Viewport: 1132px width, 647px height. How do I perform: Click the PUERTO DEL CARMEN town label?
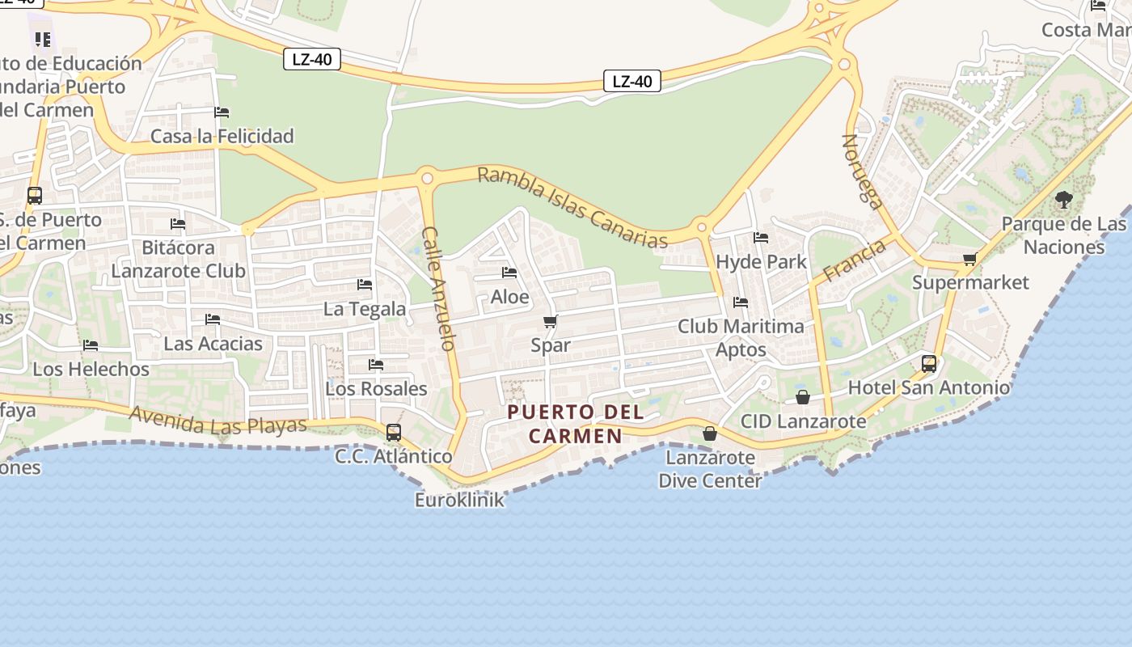[x=576, y=424]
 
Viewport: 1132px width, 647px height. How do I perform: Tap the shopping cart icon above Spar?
[x=551, y=322]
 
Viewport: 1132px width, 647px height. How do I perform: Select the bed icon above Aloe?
[x=509, y=273]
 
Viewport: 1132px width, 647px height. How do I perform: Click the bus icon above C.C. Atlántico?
[x=394, y=432]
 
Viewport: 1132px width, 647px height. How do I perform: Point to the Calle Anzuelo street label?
[x=437, y=288]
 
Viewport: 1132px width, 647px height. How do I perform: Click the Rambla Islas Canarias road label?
[x=572, y=208]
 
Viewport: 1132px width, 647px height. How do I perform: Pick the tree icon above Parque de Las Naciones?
[x=1064, y=199]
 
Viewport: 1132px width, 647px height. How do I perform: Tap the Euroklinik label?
[x=459, y=500]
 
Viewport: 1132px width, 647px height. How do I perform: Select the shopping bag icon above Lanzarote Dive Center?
[x=710, y=433]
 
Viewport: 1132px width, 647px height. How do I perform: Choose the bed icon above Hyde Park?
[x=761, y=238]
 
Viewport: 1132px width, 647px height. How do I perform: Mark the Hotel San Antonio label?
[x=929, y=388]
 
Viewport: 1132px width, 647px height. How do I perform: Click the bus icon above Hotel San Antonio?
[x=929, y=364]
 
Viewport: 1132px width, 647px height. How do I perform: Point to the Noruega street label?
[x=863, y=171]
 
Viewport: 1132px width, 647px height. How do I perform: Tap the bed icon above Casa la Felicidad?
[x=222, y=112]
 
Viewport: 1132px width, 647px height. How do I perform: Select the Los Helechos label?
[x=91, y=370]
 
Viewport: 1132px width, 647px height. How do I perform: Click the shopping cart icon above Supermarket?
[x=970, y=259]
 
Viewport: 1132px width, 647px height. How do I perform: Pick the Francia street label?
[x=854, y=260]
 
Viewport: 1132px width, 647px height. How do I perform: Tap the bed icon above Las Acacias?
[x=213, y=319]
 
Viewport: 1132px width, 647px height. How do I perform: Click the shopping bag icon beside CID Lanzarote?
[x=803, y=397]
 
